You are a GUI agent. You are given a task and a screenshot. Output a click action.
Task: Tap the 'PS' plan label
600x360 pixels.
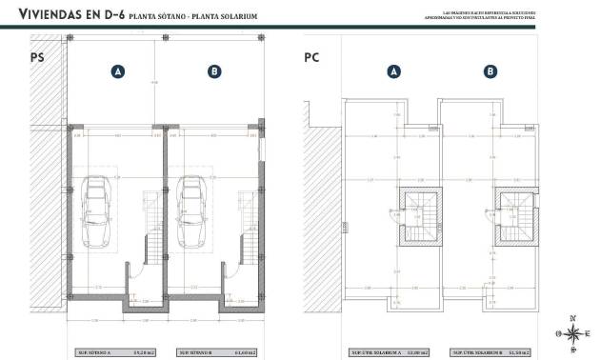[39, 59]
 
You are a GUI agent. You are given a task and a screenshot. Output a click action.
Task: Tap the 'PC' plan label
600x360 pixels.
[311, 59]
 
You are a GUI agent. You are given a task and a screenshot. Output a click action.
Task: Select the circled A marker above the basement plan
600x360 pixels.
[118, 71]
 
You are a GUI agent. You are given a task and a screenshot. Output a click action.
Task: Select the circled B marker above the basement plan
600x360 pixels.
[214, 71]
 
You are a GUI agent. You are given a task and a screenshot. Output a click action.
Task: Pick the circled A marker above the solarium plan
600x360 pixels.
[392, 71]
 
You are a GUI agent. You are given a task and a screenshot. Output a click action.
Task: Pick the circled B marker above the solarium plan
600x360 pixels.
[489, 71]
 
